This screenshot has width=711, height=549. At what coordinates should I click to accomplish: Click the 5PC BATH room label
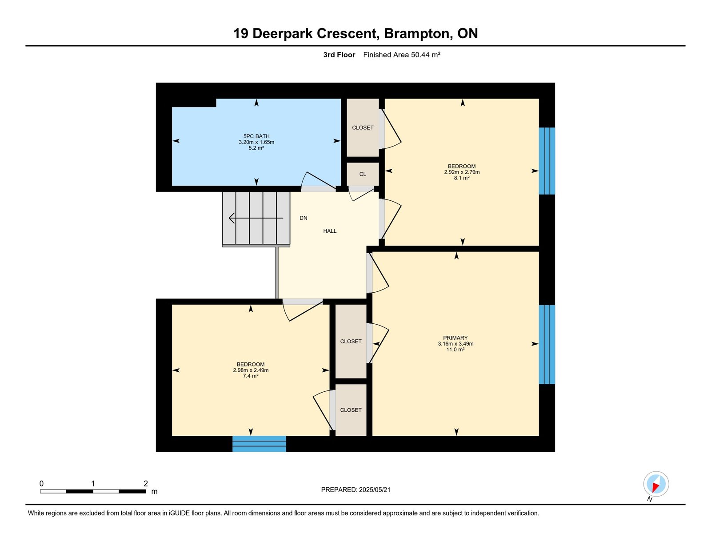[256, 136]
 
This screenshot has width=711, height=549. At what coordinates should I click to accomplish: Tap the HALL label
[330, 231]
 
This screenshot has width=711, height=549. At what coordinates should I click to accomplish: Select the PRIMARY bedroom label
[455, 338]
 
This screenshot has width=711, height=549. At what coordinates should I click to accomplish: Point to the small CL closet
[363, 174]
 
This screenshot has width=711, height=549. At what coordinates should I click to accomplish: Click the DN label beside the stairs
[304, 218]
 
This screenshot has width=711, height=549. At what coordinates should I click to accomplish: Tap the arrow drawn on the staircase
[256, 218]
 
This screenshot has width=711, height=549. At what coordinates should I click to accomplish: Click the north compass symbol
[656, 484]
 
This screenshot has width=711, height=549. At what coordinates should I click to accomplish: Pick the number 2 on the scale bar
[146, 484]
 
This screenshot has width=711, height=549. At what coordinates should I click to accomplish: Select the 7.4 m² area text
[251, 376]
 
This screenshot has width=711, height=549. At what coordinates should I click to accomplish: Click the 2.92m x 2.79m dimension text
[462, 172]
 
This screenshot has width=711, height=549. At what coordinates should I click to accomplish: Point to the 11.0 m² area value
[455, 350]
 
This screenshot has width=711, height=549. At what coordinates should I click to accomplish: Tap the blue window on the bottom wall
[259, 444]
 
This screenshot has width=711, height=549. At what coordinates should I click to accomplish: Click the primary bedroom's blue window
[547, 345]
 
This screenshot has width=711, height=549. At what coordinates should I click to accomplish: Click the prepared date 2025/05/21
[375, 490]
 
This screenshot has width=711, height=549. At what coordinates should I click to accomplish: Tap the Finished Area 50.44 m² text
[401, 55]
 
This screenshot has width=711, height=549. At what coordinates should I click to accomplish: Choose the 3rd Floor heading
[339, 55]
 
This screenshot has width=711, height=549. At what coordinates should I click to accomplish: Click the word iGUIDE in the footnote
[179, 513]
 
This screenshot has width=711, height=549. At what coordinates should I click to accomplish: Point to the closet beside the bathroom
[363, 127]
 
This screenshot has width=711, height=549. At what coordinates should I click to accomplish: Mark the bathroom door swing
[319, 180]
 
